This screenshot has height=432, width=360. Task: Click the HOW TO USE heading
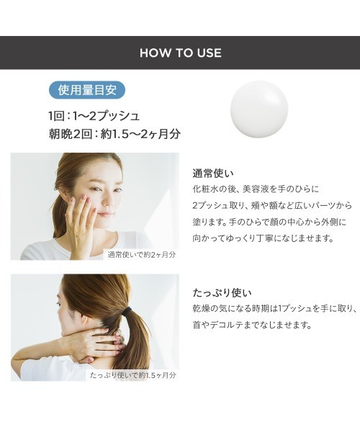[180, 53]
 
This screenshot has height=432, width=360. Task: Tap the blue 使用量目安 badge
[87, 91]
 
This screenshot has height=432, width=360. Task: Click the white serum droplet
[258, 109]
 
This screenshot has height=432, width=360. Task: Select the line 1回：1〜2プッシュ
[94, 115]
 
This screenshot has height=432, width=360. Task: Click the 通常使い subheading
[214, 173]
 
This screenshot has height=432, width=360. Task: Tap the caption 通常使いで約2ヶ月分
[142, 253]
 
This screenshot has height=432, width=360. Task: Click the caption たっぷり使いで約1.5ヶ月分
[133, 375]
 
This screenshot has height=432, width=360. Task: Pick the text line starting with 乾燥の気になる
[275, 309]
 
